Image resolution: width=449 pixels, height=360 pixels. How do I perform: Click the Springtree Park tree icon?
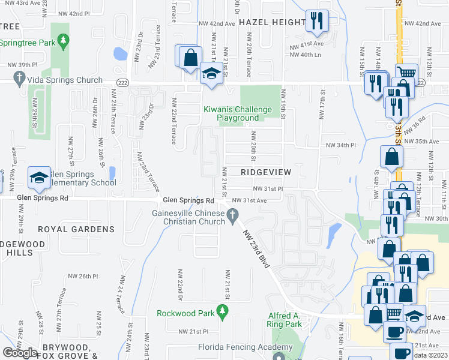(63, 41)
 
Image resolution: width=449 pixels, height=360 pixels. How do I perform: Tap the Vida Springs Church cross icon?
(19, 79)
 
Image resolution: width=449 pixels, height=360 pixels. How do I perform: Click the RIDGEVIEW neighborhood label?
(265, 172)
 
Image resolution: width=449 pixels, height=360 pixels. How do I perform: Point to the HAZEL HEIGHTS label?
(272, 22)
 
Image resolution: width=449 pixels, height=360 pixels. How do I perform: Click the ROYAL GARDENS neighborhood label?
(76, 229)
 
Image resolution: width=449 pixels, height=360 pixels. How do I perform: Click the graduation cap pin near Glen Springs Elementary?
(39, 176)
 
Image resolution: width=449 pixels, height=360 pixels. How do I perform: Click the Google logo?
(20, 353)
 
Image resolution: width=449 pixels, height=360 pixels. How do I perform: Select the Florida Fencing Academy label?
(237, 347)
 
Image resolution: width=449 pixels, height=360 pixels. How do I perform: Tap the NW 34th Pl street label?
(340, 145)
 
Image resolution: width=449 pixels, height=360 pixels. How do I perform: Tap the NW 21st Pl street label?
(192, 331)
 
